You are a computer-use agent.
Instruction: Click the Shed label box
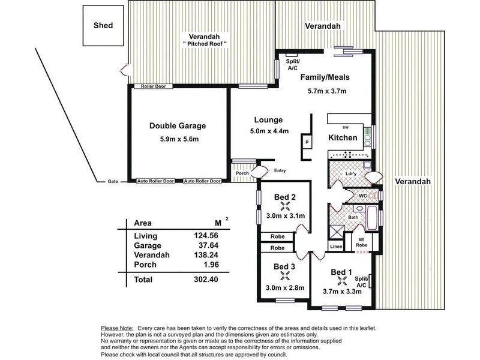coord(103,25)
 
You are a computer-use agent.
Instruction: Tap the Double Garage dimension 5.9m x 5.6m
coord(179,139)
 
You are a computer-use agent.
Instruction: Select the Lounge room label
coord(268,120)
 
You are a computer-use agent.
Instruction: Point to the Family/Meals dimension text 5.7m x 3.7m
coord(327,91)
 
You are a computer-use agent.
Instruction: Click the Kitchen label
coord(343,138)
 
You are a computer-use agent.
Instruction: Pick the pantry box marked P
coord(307,142)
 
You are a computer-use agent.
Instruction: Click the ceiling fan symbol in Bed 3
coord(284,276)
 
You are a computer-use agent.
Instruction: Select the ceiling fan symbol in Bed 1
coord(341,281)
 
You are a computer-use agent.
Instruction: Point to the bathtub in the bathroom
coord(372,218)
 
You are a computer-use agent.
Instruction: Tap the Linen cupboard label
coord(336,247)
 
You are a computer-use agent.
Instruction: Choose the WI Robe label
coord(362,242)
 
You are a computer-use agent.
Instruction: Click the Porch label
coord(242,173)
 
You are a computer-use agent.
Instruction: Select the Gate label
coord(113,182)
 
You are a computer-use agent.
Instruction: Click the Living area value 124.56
coord(206,235)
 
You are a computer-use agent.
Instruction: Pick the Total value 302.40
coord(206,280)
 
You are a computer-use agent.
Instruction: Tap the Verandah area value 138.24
coord(206,255)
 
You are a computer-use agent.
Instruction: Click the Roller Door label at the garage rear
coord(154,86)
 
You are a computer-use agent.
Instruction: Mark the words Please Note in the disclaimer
coord(117,328)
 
